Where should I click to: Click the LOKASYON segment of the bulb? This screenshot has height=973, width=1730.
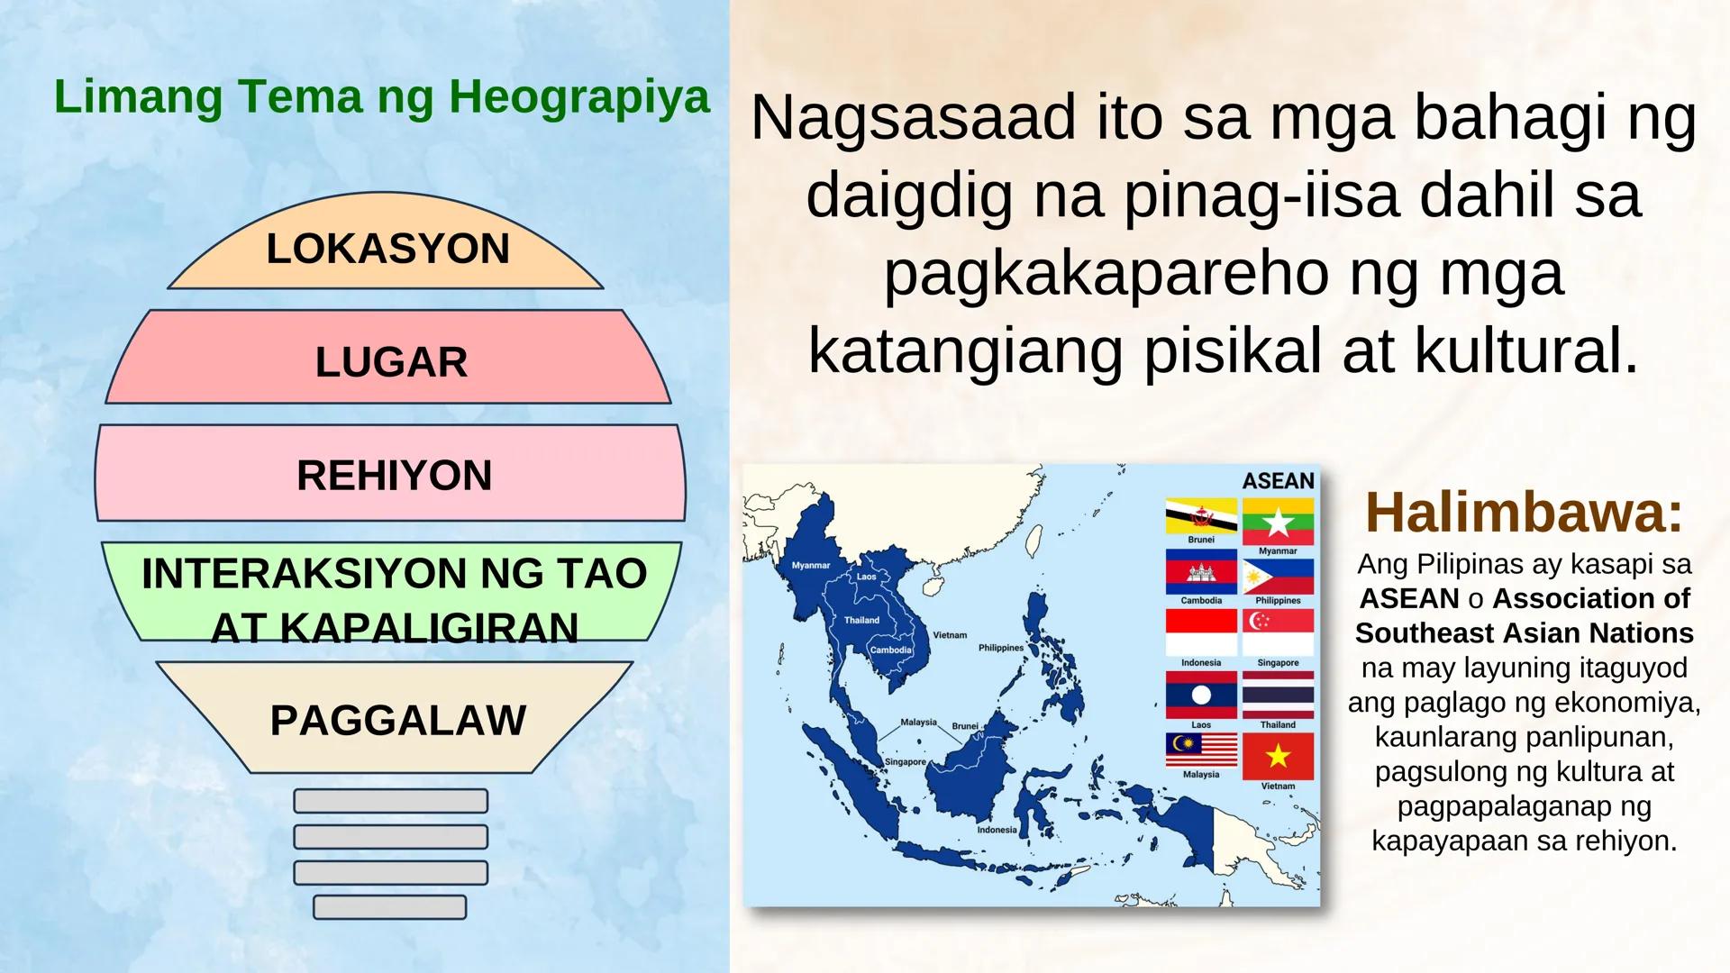click(x=387, y=249)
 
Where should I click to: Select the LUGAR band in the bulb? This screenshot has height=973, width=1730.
click(x=391, y=361)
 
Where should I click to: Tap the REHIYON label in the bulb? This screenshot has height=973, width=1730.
click(x=394, y=475)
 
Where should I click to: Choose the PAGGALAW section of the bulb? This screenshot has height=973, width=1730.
click(x=397, y=720)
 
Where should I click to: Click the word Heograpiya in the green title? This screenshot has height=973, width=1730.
click(x=579, y=96)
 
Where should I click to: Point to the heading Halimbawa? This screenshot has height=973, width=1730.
click(x=1524, y=512)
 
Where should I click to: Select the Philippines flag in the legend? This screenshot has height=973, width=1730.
click(x=1278, y=577)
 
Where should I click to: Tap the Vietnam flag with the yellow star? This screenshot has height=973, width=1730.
click(x=1278, y=756)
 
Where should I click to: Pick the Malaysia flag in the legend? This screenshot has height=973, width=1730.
click(x=1200, y=750)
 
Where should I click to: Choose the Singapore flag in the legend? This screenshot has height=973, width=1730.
click(x=1278, y=632)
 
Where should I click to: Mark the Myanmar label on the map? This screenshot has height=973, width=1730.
click(x=810, y=566)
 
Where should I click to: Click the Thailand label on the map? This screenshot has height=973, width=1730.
click(x=861, y=620)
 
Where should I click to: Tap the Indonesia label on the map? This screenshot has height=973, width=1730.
click(x=997, y=830)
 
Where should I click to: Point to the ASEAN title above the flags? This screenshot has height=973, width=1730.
click(x=1278, y=481)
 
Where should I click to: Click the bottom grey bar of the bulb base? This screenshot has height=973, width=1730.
click(x=389, y=907)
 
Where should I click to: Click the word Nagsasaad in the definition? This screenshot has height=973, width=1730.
click(x=913, y=118)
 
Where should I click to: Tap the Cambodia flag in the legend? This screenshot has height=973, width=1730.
click(x=1200, y=571)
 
